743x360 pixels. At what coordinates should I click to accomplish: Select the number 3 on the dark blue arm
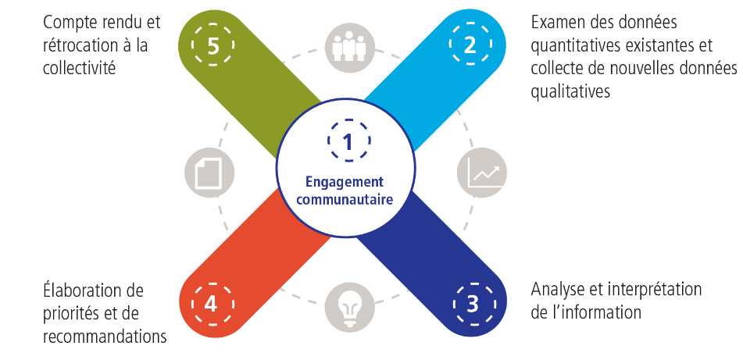tap(472, 303)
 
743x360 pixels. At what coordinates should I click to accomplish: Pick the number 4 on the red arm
tap(210, 303)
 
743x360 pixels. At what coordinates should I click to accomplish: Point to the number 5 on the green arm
tap(214, 45)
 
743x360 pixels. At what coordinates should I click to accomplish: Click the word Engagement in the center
tap(345, 182)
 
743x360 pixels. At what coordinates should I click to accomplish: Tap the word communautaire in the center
tap(345, 198)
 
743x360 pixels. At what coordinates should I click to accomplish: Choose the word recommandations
tap(105, 337)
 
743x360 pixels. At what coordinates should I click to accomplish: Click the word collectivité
tap(80, 68)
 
